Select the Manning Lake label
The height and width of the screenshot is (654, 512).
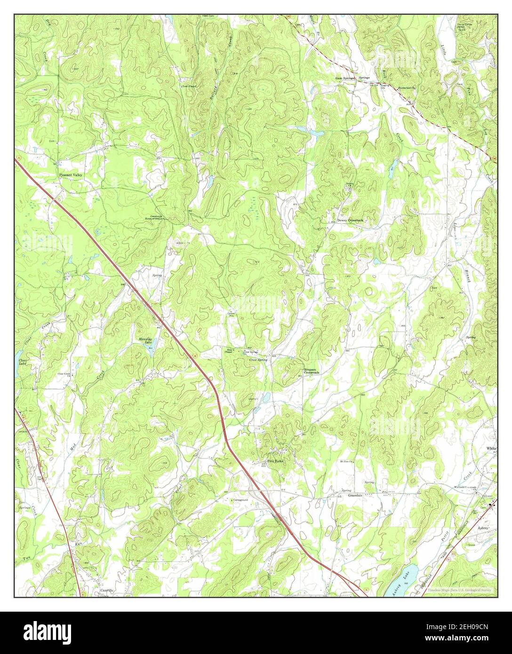click(144, 341)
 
